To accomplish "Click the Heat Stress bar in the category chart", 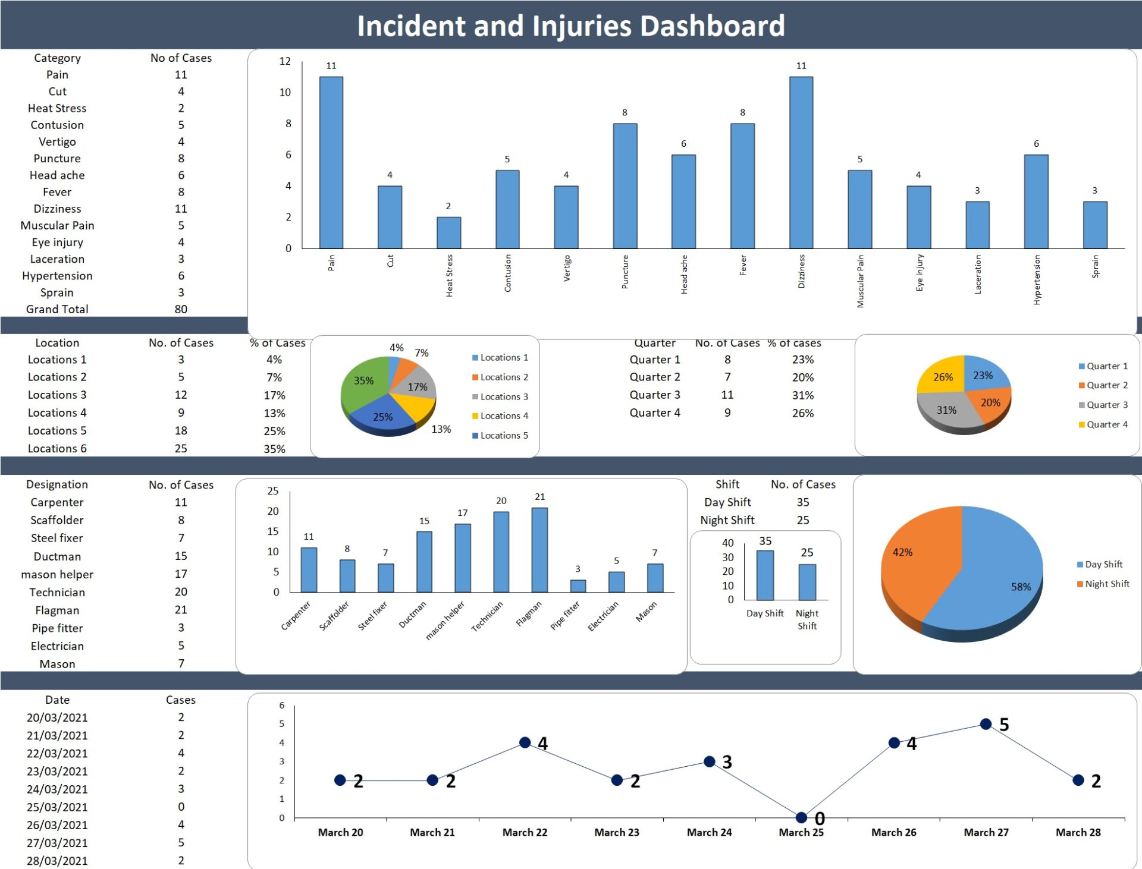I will (x=448, y=232).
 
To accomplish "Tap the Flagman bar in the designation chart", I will (x=539, y=550).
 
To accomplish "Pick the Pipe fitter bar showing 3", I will (x=578, y=585).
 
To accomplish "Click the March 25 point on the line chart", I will (x=801, y=817).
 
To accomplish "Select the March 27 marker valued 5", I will (x=986, y=724).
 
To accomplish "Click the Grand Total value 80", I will (x=181, y=309).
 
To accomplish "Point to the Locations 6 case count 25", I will (x=181, y=448).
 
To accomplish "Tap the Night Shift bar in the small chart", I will (x=807, y=582).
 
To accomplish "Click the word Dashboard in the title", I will (x=712, y=26).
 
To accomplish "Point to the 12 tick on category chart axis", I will (x=285, y=61).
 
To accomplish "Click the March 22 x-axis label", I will (x=525, y=832).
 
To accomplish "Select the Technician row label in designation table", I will (x=57, y=592).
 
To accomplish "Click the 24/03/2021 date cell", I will (x=57, y=789).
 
